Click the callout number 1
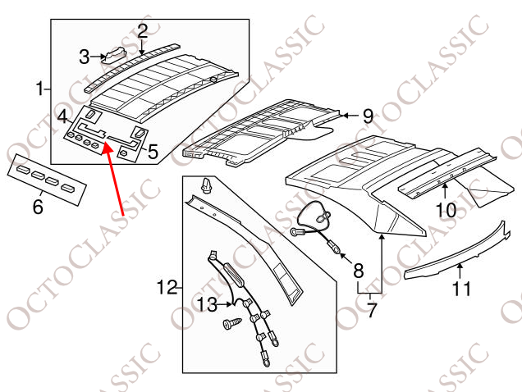[x=40, y=89]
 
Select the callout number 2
[x=142, y=31]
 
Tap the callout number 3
[x=85, y=57]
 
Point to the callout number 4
[x=62, y=116]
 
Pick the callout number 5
[x=153, y=152]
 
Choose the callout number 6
[x=38, y=207]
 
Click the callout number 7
[x=372, y=310]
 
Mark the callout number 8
[x=358, y=271]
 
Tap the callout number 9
[x=368, y=116]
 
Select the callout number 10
[x=446, y=210]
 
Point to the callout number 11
[x=461, y=289]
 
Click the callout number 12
[x=167, y=287]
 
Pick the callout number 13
[x=207, y=304]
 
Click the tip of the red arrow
[x=105, y=143]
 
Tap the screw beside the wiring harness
[x=232, y=323]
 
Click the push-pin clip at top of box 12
[x=206, y=185]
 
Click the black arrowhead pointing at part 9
[x=345, y=116]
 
